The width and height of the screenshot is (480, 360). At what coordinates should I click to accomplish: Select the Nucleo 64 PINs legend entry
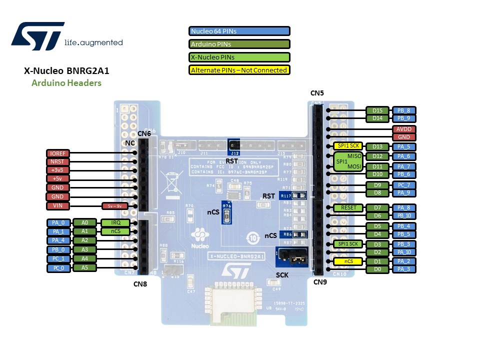(x=239, y=31)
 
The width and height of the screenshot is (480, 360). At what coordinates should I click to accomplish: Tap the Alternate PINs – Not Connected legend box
(x=239, y=70)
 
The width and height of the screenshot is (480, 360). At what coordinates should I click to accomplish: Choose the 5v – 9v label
(x=115, y=205)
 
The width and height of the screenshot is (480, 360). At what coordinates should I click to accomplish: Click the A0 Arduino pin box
(x=84, y=222)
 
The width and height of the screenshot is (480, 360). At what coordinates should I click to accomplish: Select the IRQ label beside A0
(x=115, y=222)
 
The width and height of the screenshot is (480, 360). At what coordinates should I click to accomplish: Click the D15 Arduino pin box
(x=377, y=110)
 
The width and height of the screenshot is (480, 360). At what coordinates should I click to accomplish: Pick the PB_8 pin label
(x=403, y=110)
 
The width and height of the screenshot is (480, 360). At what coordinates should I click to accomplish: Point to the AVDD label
(x=403, y=129)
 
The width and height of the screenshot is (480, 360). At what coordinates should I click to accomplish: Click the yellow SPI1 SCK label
(x=348, y=146)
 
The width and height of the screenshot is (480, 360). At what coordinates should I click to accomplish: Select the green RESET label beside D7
(x=348, y=207)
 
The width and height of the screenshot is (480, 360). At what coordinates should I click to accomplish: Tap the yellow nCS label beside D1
(x=348, y=261)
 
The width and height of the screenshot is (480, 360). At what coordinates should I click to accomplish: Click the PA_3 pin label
(x=403, y=269)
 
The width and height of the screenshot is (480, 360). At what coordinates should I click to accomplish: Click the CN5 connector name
(x=317, y=93)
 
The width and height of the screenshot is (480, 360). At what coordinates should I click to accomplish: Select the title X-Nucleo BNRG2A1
(x=66, y=71)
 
